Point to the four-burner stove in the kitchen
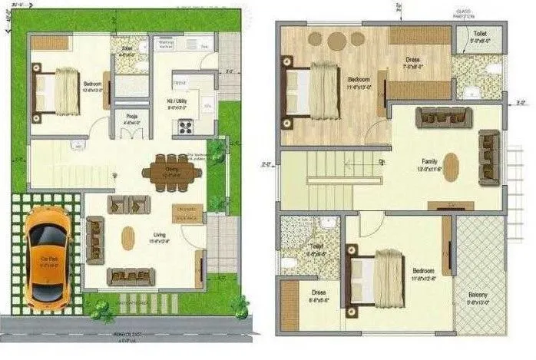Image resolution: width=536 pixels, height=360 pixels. (x=186, y=127)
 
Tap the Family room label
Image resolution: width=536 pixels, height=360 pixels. (x=428, y=162)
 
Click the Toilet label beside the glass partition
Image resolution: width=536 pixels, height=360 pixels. (x=480, y=35)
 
